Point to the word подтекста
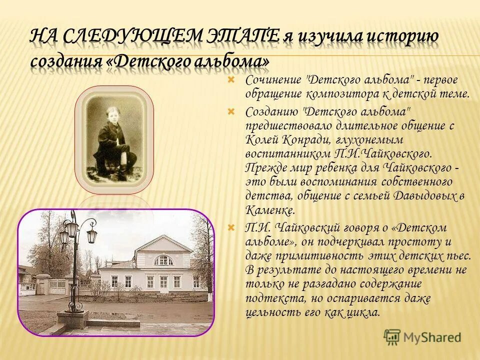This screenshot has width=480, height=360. [274, 298]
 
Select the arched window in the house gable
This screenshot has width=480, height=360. [163, 260]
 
